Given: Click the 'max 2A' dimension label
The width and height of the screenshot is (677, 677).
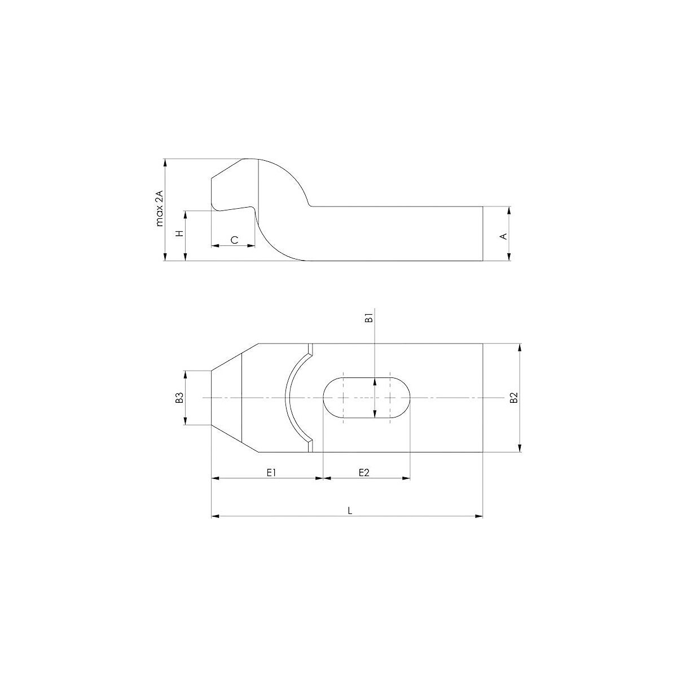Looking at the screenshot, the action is pos(160,210).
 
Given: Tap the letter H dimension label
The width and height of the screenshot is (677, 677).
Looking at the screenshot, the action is pos(180,234).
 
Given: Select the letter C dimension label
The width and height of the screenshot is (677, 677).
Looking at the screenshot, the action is pos(234,240).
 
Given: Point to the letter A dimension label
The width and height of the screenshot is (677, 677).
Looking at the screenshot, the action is pos(504,236).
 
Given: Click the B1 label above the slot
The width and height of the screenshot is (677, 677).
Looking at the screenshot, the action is pos(368,319).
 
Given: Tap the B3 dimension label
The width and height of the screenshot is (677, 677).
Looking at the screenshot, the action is pos(180,398).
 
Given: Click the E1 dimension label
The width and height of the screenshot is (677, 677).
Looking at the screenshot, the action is pos(271,473).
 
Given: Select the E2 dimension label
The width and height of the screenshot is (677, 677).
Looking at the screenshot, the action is pos(364,473).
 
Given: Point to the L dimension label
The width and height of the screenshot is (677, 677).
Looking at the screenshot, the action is pos(350,511).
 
